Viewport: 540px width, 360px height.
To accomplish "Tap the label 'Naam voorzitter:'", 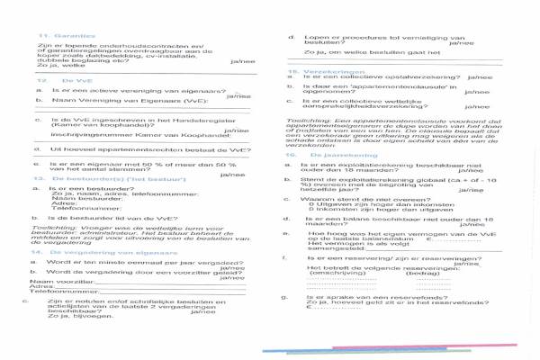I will pos(60,281).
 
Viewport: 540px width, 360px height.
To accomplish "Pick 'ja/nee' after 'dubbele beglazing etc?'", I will pos(243,60).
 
